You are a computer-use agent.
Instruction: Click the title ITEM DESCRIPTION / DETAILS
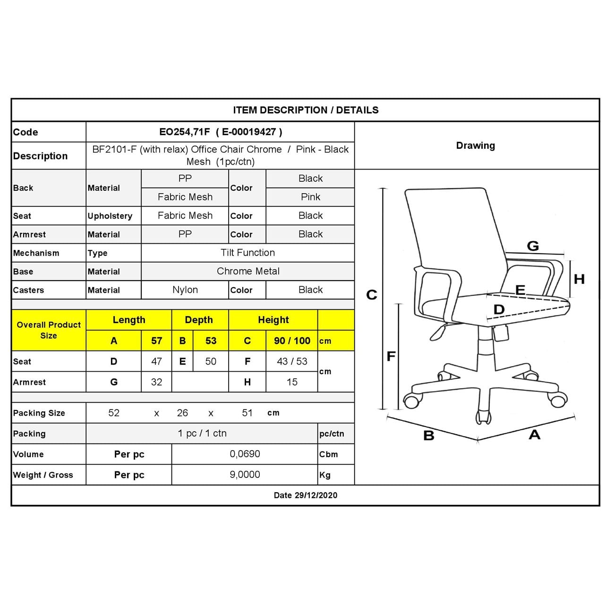[x=306, y=110]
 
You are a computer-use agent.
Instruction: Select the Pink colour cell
[x=310, y=197]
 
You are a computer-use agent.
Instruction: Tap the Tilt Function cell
[x=247, y=253]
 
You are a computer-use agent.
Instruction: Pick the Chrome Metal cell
[x=248, y=271]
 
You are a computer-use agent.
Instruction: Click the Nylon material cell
[x=185, y=290]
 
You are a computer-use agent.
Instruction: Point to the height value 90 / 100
[x=292, y=341]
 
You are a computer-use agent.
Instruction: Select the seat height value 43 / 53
[x=292, y=361]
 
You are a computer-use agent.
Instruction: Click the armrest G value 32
[x=156, y=382]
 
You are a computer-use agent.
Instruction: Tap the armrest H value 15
[x=292, y=382]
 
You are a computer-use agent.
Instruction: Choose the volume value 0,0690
[x=245, y=454]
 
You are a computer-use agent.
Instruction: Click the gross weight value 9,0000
[x=245, y=475]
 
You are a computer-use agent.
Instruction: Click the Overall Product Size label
[x=49, y=330]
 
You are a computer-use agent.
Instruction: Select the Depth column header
[x=199, y=320]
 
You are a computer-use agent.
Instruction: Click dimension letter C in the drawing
[x=372, y=295]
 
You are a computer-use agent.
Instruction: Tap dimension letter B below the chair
[x=429, y=435]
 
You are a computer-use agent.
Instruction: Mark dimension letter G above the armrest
[x=533, y=246]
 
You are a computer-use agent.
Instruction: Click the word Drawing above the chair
[x=476, y=145]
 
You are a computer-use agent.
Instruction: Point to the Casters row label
[x=28, y=290]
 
